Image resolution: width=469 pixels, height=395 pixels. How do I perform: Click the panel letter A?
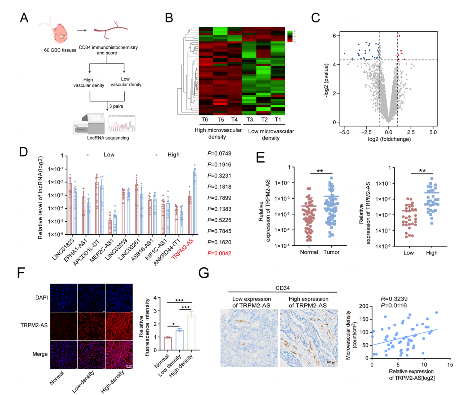[24, 18]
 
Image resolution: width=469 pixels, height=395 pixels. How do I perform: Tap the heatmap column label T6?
[205, 120]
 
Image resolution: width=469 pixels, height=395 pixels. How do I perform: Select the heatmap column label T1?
[277, 120]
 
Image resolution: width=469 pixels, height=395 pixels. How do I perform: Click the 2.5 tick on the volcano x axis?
[411, 132]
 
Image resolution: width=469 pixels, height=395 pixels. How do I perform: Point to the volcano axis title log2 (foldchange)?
[389, 139]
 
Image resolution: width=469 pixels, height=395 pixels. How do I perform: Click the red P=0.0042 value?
[219, 253]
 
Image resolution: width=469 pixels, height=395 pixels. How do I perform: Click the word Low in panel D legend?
[109, 155]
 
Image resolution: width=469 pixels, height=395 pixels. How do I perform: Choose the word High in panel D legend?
[173, 155]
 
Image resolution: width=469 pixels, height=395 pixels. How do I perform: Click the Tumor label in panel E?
[331, 252]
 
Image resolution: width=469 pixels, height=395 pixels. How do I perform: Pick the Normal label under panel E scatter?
[309, 252]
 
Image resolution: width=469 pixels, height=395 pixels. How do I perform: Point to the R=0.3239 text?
[394, 299]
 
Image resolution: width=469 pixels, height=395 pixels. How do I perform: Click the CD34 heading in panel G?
[282, 288]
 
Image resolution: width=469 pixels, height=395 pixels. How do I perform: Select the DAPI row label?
[41, 298]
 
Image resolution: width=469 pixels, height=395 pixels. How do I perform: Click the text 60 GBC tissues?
[60, 50]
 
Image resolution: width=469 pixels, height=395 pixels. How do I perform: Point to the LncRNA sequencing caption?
[108, 138]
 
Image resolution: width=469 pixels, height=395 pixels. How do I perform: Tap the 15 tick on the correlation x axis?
[450, 365]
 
